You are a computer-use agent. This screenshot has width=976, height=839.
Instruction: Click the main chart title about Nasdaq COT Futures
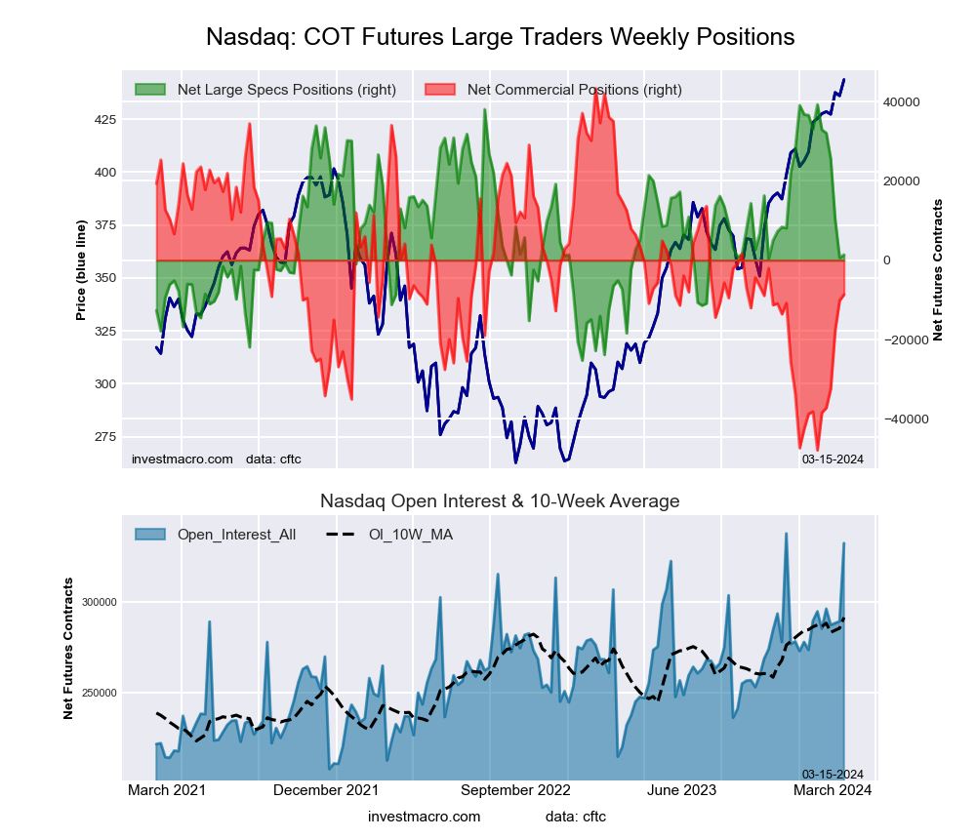(500, 37)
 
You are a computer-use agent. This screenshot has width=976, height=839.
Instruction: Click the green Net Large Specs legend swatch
(150, 90)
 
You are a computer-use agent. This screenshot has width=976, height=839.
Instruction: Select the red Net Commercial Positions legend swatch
(440, 90)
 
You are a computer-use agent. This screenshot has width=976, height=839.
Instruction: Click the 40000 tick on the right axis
(903, 102)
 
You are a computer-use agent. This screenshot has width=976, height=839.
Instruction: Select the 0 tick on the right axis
(888, 260)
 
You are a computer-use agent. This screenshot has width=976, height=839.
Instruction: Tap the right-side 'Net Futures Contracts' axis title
(938, 270)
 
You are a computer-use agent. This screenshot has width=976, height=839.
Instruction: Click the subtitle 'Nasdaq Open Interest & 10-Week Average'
(500, 501)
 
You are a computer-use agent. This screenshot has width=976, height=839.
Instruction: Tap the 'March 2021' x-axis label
(168, 791)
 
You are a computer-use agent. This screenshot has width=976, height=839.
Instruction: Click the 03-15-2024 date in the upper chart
(833, 459)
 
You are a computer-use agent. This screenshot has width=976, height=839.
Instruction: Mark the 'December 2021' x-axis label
(326, 791)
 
